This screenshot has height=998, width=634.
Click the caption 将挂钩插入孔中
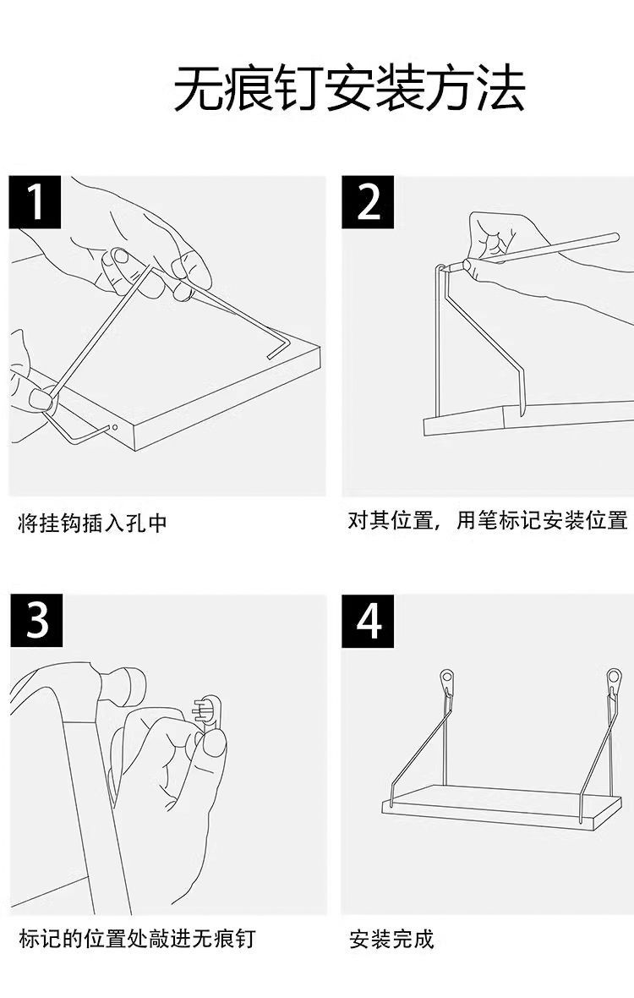point(93,524)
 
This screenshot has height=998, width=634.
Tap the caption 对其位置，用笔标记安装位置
point(488,520)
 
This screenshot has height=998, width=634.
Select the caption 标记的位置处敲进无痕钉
point(137,938)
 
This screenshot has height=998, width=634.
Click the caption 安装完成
point(391,940)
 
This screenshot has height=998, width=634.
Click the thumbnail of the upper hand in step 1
point(121,255)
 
